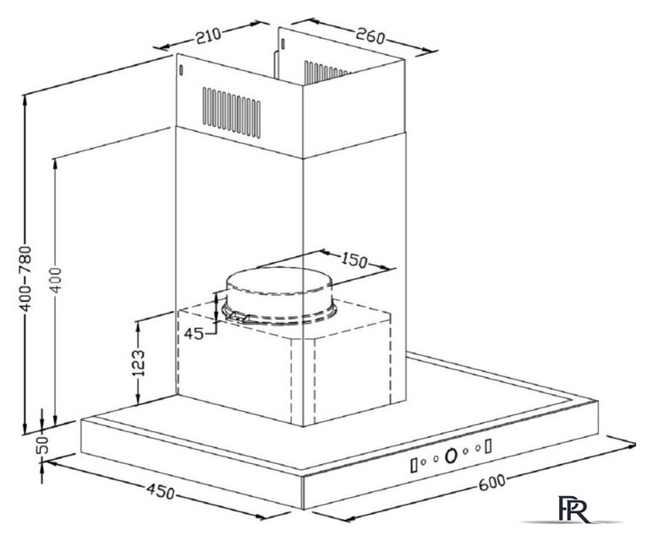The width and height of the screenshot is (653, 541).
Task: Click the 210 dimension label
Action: (x=208, y=35)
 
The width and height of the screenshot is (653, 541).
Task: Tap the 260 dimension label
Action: (x=370, y=36)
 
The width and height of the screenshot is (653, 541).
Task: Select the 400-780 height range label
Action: (x=25, y=278)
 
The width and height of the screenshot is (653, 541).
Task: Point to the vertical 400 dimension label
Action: (x=56, y=280)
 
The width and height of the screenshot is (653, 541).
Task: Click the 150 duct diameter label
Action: (x=354, y=260)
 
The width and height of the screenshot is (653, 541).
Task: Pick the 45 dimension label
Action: (x=194, y=333)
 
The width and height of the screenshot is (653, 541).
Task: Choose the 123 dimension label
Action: (x=138, y=363)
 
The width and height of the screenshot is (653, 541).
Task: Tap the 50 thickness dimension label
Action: (x=42, y=445)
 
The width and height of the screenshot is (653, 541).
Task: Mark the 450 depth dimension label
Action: (x=161, y=491)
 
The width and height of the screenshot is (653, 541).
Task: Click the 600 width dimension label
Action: (x=492, y=483)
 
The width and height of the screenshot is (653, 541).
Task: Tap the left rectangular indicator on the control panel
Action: (x=414, y=465)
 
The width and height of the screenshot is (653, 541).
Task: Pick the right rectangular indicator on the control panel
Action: (x=488, y=445)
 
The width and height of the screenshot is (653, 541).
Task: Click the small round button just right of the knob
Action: (x=465, y=451)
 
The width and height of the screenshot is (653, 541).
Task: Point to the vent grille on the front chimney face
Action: (x=232, y=112)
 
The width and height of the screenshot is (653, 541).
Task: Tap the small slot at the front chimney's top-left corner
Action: (x=181, y=70)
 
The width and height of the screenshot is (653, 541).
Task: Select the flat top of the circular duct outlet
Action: (x=279, y=281)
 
